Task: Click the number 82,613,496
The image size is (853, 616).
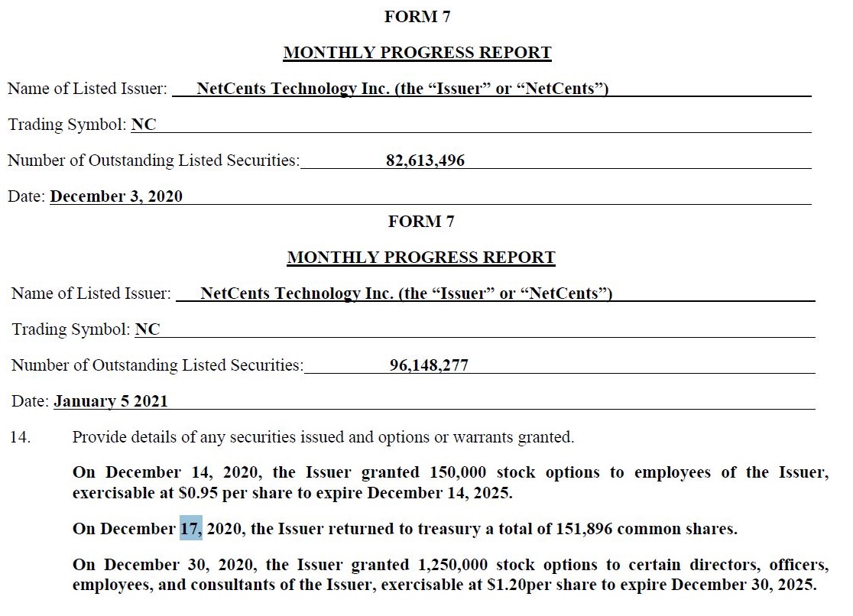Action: tap(425, 160)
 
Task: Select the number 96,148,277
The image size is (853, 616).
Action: tap(429, 365)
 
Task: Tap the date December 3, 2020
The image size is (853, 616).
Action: tap(116, 196)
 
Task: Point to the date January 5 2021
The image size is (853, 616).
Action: tap(111, 400)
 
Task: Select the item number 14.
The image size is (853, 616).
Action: tap(20, 438)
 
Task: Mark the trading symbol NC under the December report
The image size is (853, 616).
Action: tap(144, 125)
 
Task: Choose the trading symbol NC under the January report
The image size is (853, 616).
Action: tap(148, 329)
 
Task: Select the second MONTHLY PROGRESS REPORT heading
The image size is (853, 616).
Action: tap(421, 258)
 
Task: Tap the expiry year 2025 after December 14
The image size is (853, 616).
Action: tap(492, 493)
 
